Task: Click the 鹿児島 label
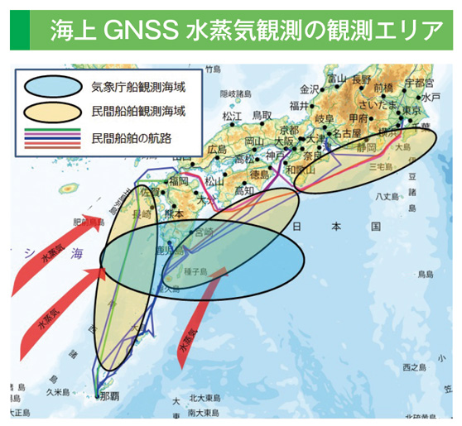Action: (168, 250)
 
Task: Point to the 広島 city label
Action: (217, 150)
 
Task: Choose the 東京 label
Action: (411, 112)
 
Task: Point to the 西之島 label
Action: (411, 365)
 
